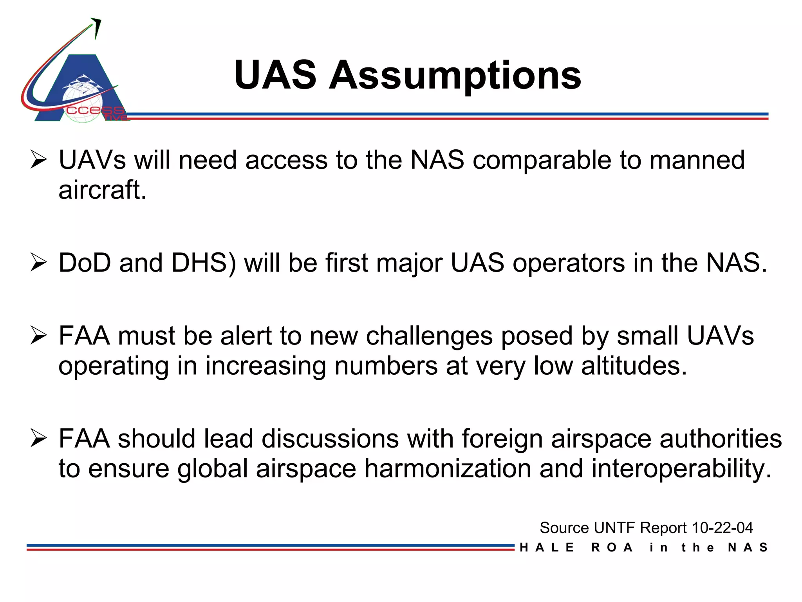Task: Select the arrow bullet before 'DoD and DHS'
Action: [38, 263]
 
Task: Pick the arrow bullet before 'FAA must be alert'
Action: [38, 336]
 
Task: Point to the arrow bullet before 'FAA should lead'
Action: [38, 438]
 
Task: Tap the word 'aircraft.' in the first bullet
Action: [103, 190]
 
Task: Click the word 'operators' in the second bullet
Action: [569, 263]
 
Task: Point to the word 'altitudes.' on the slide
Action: [634, 366]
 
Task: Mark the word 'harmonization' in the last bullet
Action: [448, 468]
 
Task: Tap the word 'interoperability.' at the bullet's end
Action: [681, 468]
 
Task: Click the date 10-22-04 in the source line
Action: [722, 528]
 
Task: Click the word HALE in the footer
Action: [547, 548]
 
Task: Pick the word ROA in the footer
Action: [612, 548]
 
